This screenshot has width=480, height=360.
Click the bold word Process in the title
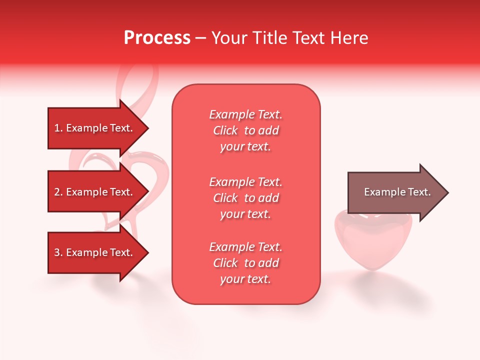point(157,38)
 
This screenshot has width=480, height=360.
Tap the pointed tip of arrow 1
point(146,128)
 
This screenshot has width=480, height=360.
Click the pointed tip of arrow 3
point(146,252)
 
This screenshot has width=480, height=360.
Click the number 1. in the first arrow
point(58,128)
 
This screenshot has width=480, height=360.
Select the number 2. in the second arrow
point(58,192)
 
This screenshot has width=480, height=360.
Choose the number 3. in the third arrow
point(58,252)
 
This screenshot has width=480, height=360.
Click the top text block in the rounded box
point(245,130)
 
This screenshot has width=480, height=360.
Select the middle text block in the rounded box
point(245,197)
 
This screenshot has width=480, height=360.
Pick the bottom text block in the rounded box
point(245,263)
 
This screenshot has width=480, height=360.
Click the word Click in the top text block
point(225,130)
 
